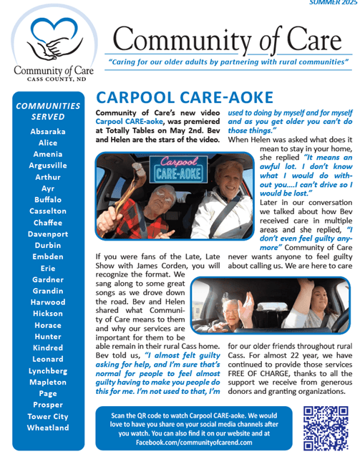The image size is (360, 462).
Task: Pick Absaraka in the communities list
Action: coord(48,132)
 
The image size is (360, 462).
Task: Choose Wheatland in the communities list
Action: coord(48,428)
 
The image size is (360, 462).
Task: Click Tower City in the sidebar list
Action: coord(48,416)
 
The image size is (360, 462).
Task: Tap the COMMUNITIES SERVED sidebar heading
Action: coord(48,111)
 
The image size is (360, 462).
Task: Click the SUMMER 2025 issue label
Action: coord(333,3)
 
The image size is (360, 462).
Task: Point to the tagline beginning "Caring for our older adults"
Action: coord(228,62)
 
